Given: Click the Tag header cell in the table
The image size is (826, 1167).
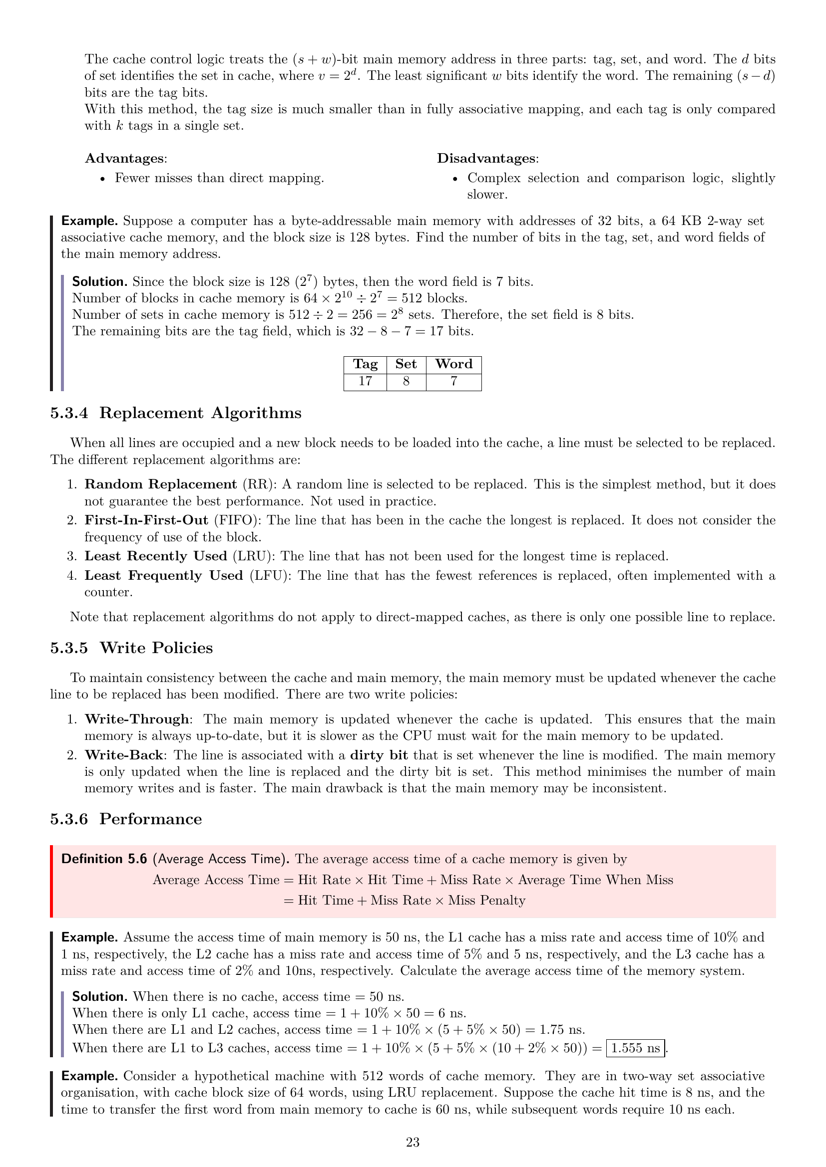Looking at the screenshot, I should tap(365, 364).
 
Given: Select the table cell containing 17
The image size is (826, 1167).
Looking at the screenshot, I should tap(365, 381).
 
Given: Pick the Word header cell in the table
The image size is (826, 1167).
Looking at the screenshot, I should tap(453, 364).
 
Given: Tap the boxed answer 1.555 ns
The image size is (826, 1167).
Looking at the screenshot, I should tap(635, 1048).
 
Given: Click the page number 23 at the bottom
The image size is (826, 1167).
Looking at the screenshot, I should tap(413, 1142).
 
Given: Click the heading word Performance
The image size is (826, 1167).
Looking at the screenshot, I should tap(150, 819).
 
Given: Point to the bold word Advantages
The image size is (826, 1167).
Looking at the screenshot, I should tap(125, 158).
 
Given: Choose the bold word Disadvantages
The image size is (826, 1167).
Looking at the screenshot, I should tap(486, 158).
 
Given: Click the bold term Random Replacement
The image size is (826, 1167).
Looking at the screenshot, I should tap(161, 484).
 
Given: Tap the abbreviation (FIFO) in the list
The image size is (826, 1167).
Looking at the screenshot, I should tap(238, 520).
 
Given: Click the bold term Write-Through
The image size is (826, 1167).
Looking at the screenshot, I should tap(137, 719).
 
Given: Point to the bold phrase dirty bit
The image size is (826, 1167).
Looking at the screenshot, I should tap(379, 755).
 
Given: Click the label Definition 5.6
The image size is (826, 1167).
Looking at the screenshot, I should tap(104, 859).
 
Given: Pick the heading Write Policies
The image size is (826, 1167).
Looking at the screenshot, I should tap(156, 648).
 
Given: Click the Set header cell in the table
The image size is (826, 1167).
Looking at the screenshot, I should tap(406, 364).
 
